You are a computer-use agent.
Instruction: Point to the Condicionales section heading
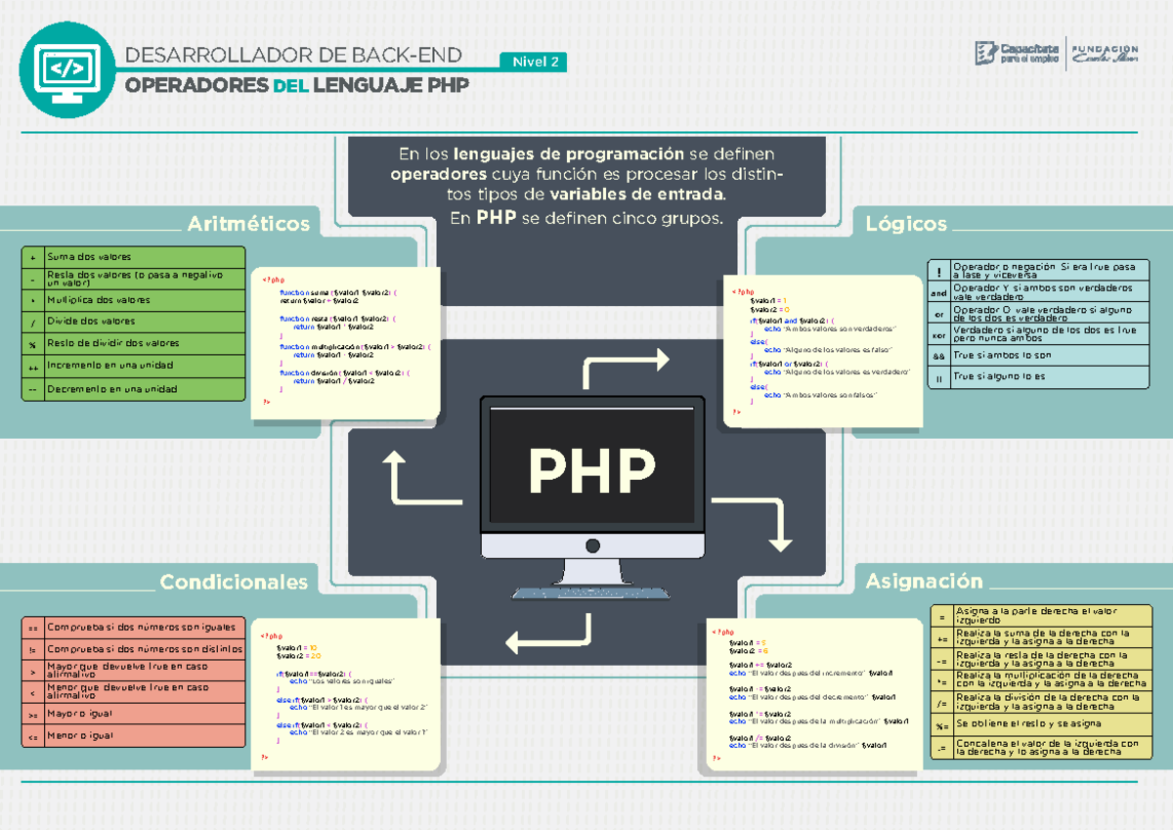234,583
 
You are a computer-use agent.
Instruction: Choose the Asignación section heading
924,582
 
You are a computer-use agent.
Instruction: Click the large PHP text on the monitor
592,471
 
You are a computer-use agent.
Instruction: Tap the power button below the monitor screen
592,546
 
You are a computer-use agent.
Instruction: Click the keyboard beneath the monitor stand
592,592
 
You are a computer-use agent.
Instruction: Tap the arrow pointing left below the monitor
548,635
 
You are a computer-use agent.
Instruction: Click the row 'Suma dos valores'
134,257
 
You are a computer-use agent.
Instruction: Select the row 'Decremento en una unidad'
134,389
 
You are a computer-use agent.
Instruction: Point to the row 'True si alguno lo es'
1037,376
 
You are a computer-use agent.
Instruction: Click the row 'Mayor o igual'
134,714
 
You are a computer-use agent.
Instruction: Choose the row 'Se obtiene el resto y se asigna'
1037,723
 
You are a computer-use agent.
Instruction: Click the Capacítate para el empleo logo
1017,54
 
